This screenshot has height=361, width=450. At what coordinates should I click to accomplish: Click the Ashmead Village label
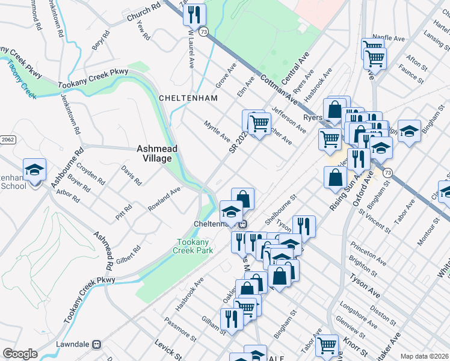[x=154, y=153]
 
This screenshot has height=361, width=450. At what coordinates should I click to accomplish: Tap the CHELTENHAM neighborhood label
[x=185, y=97]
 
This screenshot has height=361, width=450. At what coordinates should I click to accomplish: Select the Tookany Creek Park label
[x=193, y=246]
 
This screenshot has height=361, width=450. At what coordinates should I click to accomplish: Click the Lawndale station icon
[x=94, y=345]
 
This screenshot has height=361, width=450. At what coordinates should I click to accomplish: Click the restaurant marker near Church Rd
[x=195, y=14]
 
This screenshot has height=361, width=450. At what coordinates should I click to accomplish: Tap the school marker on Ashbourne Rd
[x=34, y=170]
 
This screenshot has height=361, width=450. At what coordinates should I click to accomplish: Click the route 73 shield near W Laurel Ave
[x=205, y=31]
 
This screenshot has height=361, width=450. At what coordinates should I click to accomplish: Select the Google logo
[x=20, y=353]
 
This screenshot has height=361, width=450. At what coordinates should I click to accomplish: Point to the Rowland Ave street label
[x=164, y=199]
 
